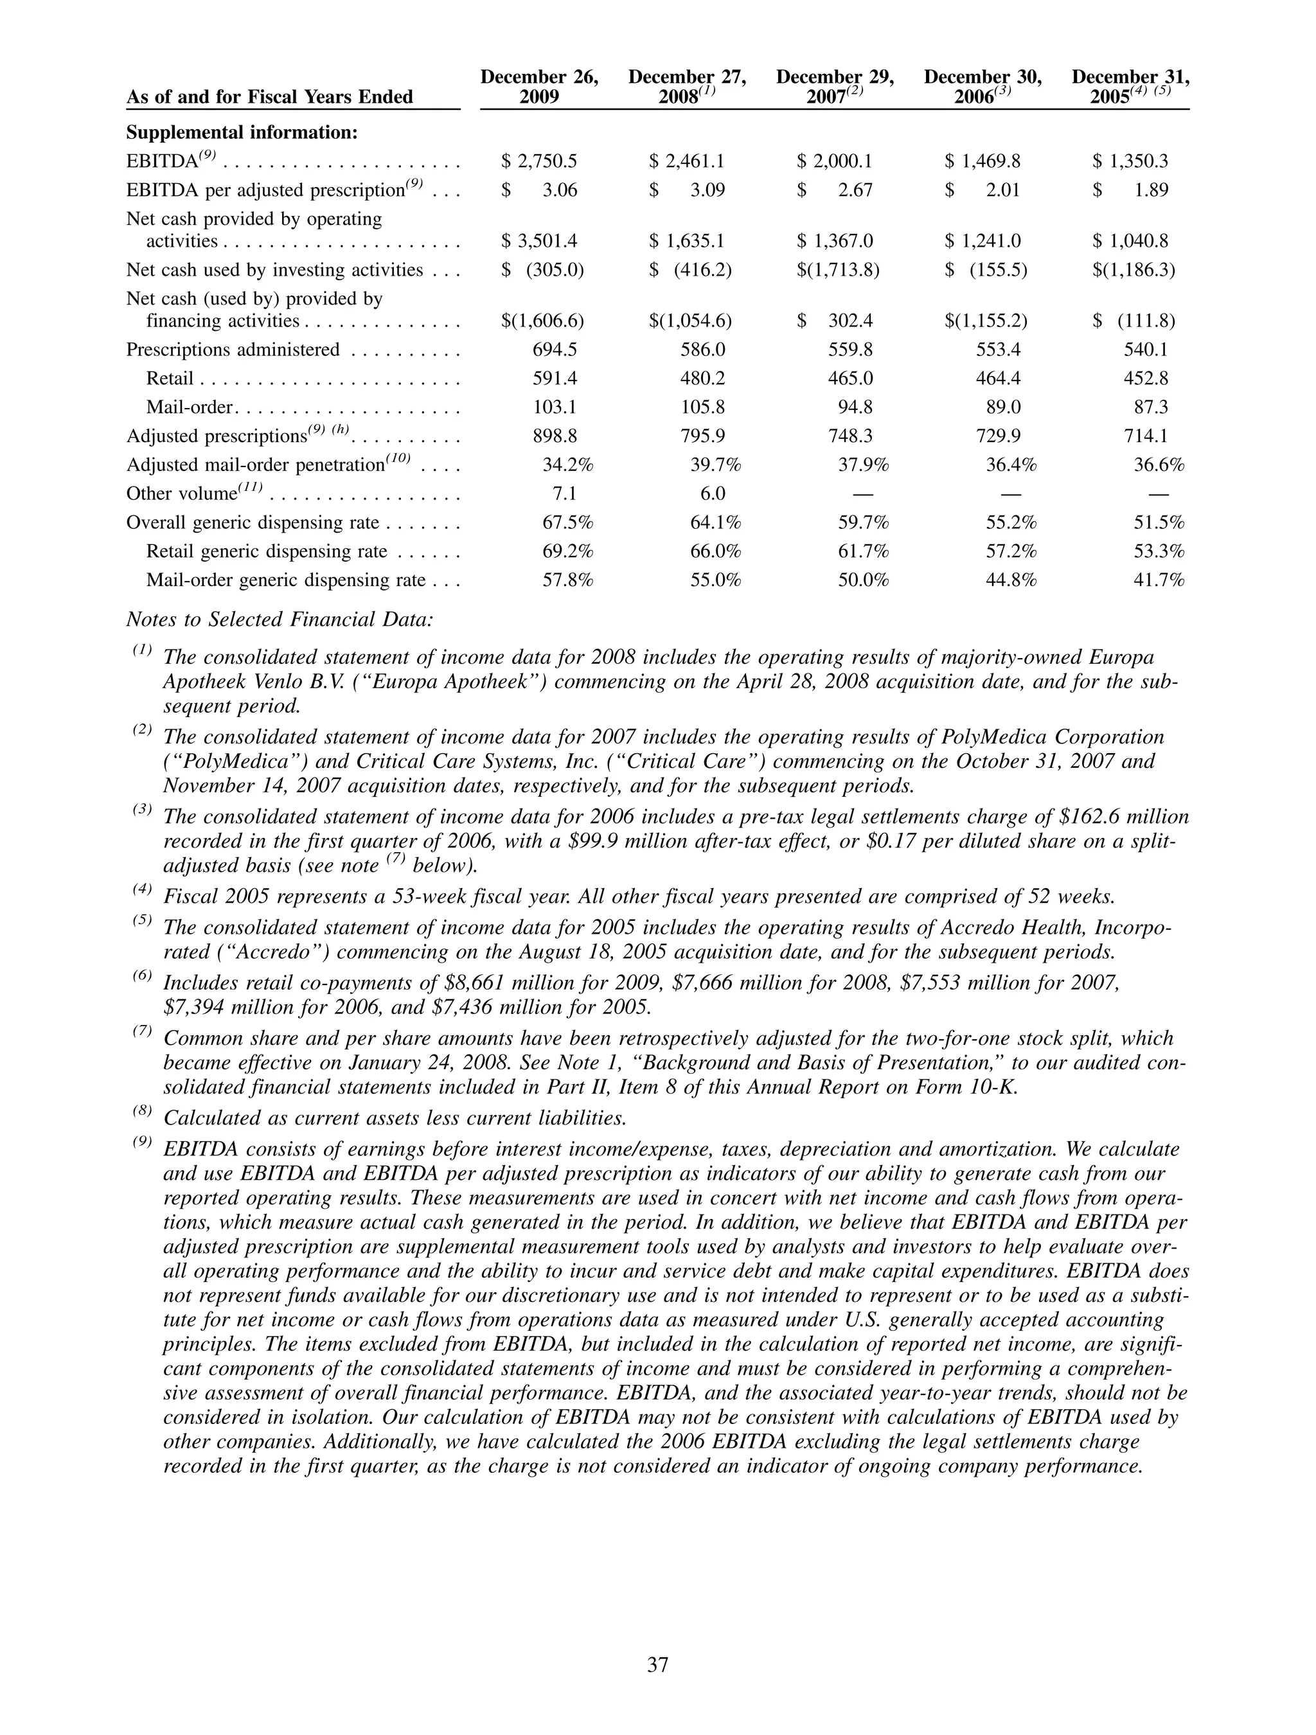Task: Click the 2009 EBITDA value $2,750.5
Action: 540,161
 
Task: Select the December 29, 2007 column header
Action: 835,87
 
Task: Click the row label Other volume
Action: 181,494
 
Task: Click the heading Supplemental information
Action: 242,132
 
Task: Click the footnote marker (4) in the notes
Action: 142,890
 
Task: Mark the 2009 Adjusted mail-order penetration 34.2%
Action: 567,465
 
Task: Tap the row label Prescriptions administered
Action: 233,350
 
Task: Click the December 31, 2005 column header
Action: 1130,87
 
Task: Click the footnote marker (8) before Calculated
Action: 142,1112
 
